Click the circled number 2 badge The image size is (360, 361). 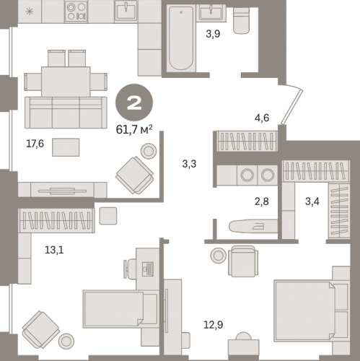click(134, 103)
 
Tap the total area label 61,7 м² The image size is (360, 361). click(134, 129)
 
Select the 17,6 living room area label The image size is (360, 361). click(35, 144)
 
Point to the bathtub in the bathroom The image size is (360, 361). click(181, 38)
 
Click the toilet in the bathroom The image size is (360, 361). click(241, 21)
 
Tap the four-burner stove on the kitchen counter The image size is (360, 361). click(76, 12)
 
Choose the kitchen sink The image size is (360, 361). click(126, 11)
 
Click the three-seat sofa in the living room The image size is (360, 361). click(66, 113)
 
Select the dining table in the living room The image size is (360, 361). click(66, 82)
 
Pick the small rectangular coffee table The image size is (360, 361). click(66, 147)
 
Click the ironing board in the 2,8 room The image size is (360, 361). click(253, 226)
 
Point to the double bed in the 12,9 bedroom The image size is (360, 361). click(312, 311)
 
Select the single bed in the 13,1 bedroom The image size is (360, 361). click(120, 309)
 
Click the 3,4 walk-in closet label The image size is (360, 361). click(312, 201)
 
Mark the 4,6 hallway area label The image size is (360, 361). click(262, 118)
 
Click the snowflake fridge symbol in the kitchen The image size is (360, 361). click(30, 12)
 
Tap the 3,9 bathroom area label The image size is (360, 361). click(213, 34)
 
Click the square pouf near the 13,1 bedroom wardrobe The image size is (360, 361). click(108, 216)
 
